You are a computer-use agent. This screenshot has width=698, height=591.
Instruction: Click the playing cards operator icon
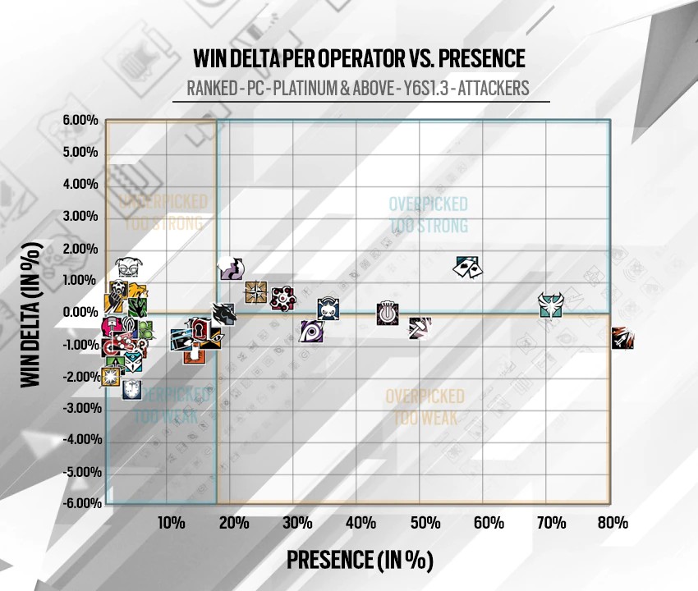[x=469, y=267]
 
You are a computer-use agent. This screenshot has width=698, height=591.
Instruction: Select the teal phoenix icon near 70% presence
[x=551, y=306]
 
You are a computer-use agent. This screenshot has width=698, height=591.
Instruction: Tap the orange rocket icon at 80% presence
[x=622, y=338]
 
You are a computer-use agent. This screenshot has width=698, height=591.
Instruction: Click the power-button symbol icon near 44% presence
[x=387, y=313]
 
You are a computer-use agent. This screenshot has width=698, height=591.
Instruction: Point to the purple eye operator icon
[x=312, y=332]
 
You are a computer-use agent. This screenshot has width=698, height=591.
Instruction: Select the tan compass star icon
[x=256, y=291]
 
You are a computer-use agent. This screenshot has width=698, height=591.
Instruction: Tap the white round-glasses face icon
[x=127, y=268]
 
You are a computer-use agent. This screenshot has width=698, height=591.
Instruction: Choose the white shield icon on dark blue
[x=132, y=389]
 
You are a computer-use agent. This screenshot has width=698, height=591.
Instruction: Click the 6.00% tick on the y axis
[x=80, y=121]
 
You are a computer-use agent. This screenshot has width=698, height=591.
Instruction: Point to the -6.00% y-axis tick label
[x=80, y=503]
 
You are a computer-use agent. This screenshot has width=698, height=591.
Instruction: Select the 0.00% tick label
[x=80, y=312]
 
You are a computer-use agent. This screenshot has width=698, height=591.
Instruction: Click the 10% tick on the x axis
[x=170, y=523]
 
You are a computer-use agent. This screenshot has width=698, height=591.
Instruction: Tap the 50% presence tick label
[x=424, y=523]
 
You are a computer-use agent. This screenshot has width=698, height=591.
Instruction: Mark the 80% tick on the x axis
[x=613, y=523]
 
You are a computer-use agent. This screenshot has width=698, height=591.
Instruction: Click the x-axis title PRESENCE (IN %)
[x=360, y=560]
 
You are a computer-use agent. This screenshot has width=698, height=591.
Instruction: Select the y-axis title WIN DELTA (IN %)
[x=30, y=312]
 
